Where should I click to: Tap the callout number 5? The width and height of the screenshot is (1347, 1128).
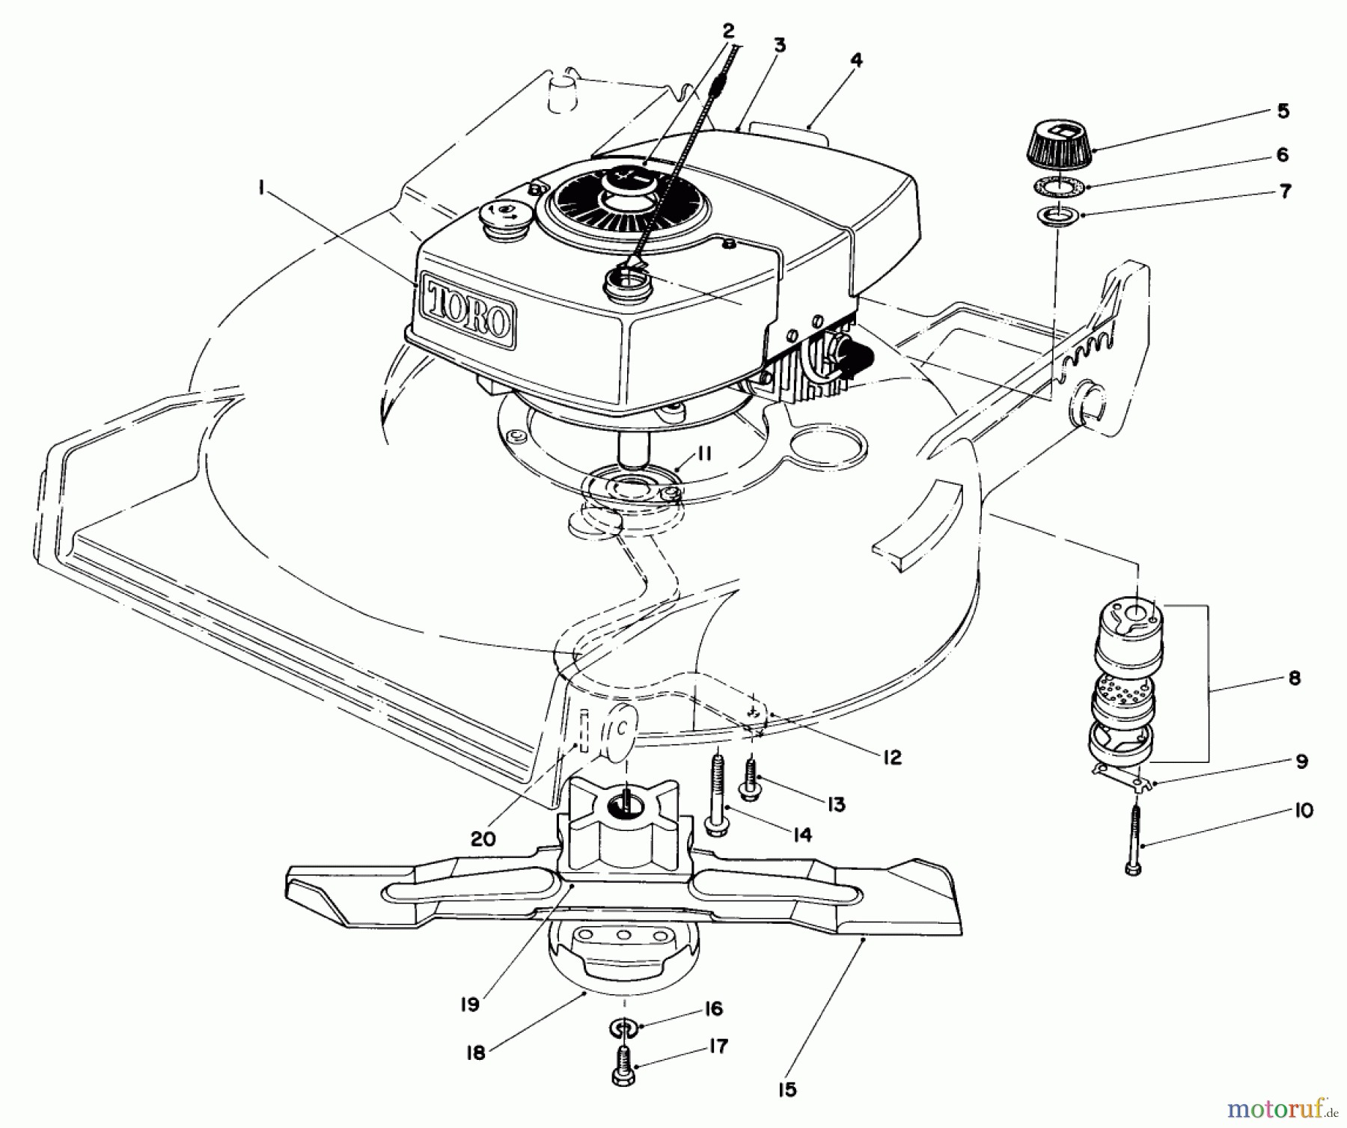coord(1283,111)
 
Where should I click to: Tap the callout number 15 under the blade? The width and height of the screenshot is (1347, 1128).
coord(786,1090)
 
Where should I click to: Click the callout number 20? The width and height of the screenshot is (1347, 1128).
coord(483,839)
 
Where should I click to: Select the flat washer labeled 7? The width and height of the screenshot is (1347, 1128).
coord(1058,217)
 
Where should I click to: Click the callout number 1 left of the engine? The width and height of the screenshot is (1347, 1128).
coord(261,190)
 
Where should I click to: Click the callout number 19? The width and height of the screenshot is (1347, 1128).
coord(469,1005)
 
